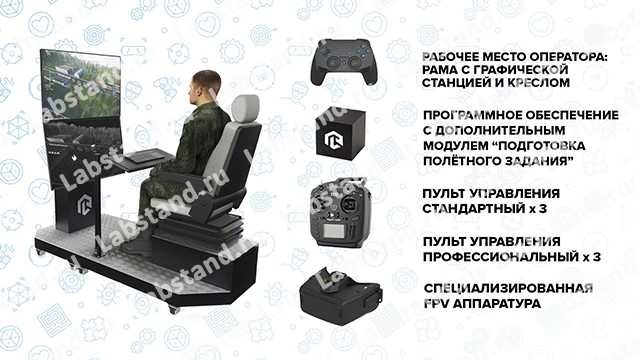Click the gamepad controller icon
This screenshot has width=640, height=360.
[344, 61]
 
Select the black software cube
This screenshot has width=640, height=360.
[340, 134]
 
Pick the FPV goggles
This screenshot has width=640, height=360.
[340, 296]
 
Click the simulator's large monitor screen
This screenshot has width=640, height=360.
[81, 118]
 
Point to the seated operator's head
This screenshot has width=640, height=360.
[206, 87]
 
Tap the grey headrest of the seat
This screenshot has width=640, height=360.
[245, 108]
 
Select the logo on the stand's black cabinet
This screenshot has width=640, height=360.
[84, 204]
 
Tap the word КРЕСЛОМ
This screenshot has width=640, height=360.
[538, 82]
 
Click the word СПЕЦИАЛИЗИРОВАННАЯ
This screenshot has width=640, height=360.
[508, 289]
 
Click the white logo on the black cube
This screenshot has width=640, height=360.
[334, 140]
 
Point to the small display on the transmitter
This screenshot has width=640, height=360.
[333, 232]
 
